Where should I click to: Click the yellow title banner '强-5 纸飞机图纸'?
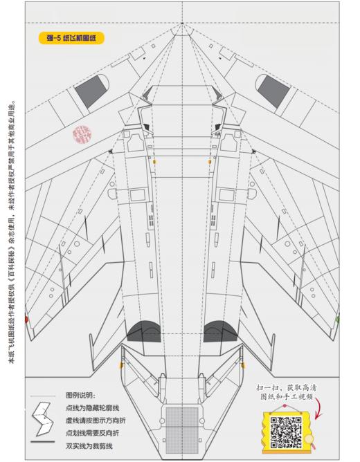click(x=70, y=39)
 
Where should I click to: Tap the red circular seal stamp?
click(x=83, y=133)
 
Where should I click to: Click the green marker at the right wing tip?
click(x=337, y=320)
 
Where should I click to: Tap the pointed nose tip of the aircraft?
click(x=182, y=25)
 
